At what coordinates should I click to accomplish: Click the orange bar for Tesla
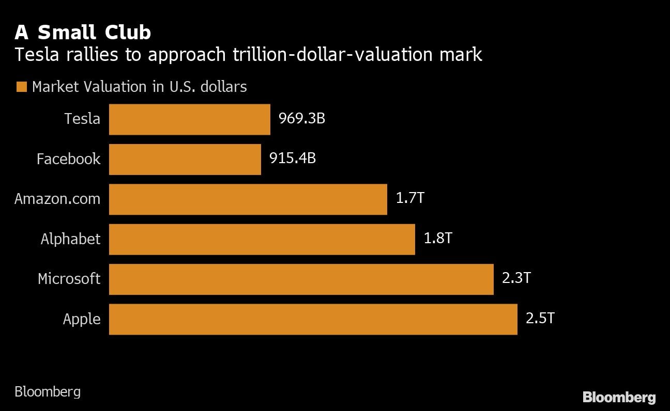point(189,119)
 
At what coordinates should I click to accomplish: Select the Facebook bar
point(185,159)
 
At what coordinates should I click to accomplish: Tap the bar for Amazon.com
point(248,199)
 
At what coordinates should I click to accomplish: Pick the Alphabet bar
point(262,239)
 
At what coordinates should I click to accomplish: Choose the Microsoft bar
point(301,279)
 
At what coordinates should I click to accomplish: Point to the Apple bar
point(313,319)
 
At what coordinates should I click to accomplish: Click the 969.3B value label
point(301,119)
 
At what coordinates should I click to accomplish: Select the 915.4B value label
point(292,159)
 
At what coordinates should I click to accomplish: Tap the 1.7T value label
point(409,198)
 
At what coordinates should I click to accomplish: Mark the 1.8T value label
point(438,239)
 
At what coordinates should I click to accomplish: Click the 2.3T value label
point(516,278)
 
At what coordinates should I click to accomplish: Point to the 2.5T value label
point(540,318)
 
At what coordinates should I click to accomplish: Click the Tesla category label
point(82,119)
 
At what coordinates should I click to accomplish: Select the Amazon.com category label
point(57,199)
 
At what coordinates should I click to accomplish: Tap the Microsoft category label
point(69,279)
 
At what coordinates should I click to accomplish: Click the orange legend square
point(21,87)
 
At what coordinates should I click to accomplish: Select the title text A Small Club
point(83,33)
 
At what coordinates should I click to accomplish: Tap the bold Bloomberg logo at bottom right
point(619,397)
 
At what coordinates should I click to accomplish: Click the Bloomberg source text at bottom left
point(48,392)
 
